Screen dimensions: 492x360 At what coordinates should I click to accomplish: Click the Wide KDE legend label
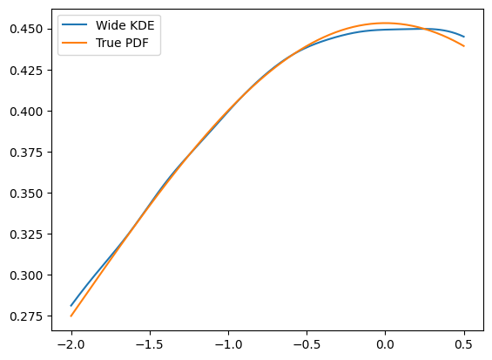125,25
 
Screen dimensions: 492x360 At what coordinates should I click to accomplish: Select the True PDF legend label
122,43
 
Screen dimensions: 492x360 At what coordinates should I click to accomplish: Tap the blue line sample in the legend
74,24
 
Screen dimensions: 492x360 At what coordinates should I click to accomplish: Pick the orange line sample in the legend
74,43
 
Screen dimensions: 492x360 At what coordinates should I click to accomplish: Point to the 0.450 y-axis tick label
26,30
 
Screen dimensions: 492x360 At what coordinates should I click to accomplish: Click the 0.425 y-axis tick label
26,71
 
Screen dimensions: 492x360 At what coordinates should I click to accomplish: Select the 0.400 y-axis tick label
26,112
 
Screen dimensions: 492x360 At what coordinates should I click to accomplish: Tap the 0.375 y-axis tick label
26,153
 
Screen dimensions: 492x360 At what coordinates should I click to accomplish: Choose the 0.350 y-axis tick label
26,194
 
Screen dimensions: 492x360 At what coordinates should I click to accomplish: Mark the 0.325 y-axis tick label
26,234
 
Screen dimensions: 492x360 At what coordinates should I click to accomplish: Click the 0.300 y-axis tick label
26,275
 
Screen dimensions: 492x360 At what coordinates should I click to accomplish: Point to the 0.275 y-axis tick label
26,316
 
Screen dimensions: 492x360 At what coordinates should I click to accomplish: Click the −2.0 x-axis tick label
71,345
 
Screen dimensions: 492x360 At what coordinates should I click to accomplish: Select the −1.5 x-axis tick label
150,345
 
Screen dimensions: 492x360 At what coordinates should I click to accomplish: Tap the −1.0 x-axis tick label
228,345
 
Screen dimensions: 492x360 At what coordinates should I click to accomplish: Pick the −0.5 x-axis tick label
307,345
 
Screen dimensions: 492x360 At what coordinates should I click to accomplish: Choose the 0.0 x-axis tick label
385,345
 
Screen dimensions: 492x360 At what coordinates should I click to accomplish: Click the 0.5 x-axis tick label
464,345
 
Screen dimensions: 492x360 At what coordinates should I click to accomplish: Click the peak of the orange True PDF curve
385,23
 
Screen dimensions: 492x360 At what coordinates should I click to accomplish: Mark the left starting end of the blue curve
71,306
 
